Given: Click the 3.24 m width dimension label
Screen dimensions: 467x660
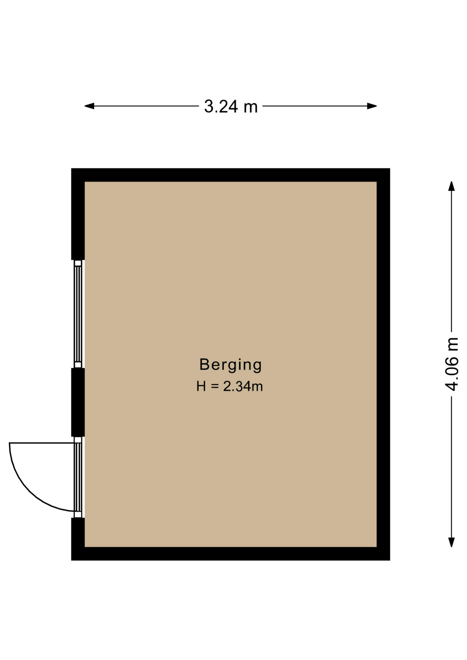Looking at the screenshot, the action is click(x=231, y=106).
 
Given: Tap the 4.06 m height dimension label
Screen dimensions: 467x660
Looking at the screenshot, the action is click(x=452, y=364).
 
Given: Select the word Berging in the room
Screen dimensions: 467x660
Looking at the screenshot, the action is click(x=230, y=365).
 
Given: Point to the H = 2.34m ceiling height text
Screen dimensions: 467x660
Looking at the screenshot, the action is click(x=229, y=386).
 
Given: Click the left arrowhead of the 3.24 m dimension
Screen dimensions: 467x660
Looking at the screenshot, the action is click(x=89, y=106).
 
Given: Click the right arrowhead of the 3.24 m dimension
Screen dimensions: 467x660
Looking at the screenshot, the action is click(x=372, y=106).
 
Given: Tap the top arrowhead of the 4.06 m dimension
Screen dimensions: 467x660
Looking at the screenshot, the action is click(x=452, y=186).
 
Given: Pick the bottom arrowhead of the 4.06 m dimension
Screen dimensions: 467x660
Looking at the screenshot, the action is click(x=452, y=542).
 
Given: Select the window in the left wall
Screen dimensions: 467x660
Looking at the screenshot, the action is click(x=78, y=314).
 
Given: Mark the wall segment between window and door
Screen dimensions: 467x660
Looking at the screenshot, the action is click(x=78, y=402).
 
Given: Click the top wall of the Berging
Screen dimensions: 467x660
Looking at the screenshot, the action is click(x=230, y=175).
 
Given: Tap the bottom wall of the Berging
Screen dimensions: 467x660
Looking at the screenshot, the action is click(x=230, y=553).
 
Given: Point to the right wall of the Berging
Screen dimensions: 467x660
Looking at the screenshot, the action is click(x=383, y=364).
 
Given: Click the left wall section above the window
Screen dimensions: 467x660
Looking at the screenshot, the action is click(x=78, y=214).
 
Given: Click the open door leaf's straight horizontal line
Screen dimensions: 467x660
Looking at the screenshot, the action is click(x=42, y=443).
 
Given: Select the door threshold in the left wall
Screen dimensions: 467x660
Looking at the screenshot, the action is click(x=78, y=477).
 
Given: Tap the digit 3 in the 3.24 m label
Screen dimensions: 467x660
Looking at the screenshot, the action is click(x=209, y=107).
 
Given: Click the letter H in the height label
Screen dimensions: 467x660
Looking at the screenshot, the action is click(x=201, y=386).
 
